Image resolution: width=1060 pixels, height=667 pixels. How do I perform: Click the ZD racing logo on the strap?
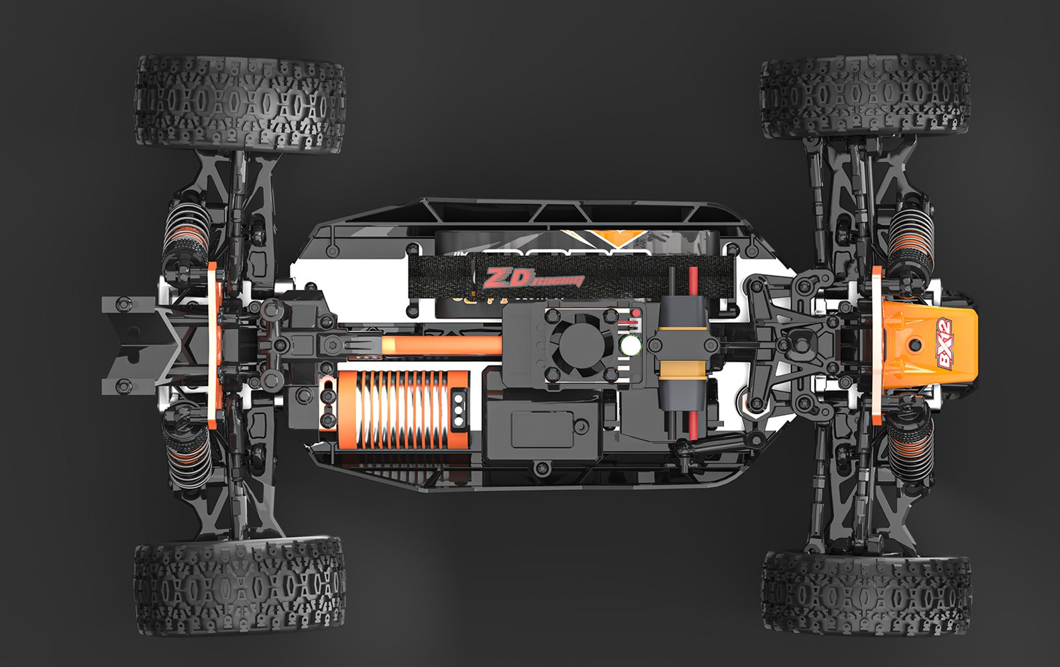(x=534, y=277)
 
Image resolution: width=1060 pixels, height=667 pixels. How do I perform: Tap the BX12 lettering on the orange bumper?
(x=944, y=343)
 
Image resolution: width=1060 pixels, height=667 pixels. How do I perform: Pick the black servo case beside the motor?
(x=542, y=429)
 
